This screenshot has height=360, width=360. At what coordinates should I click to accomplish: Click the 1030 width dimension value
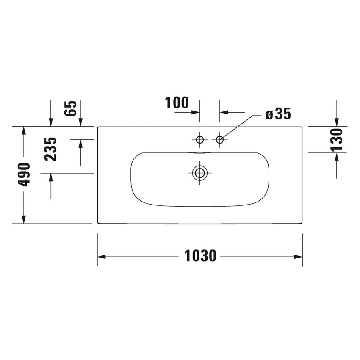coord(200,256)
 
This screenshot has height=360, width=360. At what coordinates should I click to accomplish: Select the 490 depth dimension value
coord(24,174)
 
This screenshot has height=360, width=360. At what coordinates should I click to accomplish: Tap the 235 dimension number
coord(51,149)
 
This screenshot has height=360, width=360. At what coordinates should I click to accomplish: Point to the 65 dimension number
coord(71,108)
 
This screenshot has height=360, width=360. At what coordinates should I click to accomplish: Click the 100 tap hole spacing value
coord(177,102)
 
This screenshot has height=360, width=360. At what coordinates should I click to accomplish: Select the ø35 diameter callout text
coord(278,114)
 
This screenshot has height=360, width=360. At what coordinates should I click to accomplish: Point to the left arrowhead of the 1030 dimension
coord(102,257)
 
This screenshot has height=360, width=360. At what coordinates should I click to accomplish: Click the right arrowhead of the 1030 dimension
coord(299,257)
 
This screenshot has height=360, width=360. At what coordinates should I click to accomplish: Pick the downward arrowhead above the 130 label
coord(337,122)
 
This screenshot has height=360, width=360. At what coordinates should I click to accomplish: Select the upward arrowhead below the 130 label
coord(337,157)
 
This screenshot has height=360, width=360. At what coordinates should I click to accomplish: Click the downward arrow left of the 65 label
coord(51,122)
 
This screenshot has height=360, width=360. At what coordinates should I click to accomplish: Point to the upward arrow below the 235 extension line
coord(51,177)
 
